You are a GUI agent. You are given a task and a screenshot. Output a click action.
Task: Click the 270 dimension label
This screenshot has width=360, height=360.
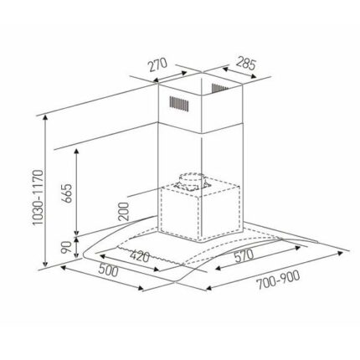[x=157, y=64]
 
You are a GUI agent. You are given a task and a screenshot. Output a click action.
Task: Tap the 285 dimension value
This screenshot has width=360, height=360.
[x=246, y=63]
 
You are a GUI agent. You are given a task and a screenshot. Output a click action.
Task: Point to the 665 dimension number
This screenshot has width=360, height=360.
[x=67, y=193]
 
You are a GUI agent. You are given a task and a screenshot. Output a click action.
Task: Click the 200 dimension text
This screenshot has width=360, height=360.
[x=124, y=211]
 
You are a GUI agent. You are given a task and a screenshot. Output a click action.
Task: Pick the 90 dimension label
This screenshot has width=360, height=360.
[x=66, y=247]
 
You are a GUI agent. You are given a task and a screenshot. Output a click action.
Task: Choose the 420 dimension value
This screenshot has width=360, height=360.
[x=140, y=256]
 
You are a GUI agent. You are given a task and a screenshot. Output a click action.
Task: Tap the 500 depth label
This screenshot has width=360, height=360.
[x=108, y=270]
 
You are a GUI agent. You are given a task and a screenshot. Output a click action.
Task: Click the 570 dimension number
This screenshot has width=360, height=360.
[x=244, y=256]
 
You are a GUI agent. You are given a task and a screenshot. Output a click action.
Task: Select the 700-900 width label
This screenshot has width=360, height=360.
[x=278, y=280]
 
